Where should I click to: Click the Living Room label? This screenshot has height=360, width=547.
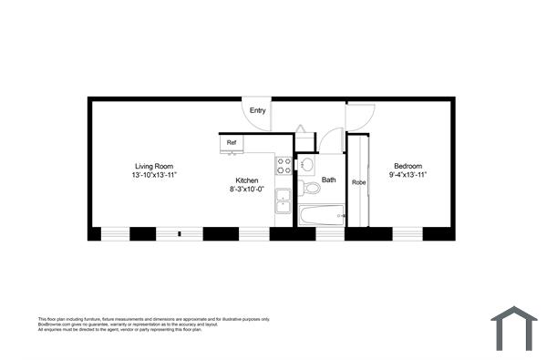point(152,165)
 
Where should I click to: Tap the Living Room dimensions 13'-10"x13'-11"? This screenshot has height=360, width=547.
point(152,174)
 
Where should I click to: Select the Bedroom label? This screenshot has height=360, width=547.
point(407,165)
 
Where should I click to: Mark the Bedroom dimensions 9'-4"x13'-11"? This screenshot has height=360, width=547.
point(407,174)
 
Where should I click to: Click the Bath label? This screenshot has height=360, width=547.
point(328,180)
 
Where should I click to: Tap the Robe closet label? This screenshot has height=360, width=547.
point(358,182)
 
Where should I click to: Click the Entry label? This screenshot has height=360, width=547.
point(258,111)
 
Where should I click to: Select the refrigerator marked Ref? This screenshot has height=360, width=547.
point(232,143)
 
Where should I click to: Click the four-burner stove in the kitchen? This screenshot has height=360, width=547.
point(284,166)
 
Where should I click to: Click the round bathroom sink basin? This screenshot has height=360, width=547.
point(307,165)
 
